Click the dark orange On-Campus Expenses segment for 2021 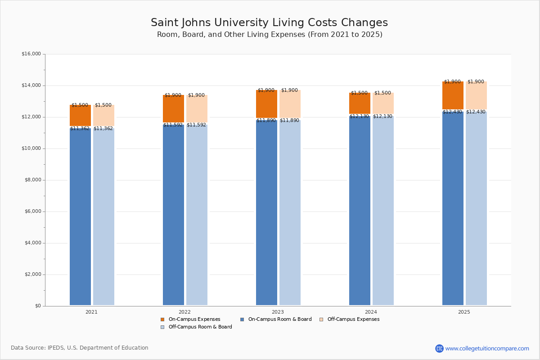click(80, 116)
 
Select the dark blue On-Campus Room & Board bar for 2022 click(173, 216)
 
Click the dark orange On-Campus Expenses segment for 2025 click(453, 96)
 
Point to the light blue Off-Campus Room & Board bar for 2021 click(103, 216)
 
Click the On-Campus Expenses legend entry click(191, 319)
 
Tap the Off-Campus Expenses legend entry click(350, 319)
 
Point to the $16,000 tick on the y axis click(31, 54)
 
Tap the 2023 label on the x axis click(278, 312)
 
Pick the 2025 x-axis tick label click(464, 312)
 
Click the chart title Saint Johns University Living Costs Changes click(269, 23)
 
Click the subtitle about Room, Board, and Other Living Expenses click(270, 35)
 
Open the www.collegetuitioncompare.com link click(487, 348)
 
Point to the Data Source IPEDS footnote click(80, 348)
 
